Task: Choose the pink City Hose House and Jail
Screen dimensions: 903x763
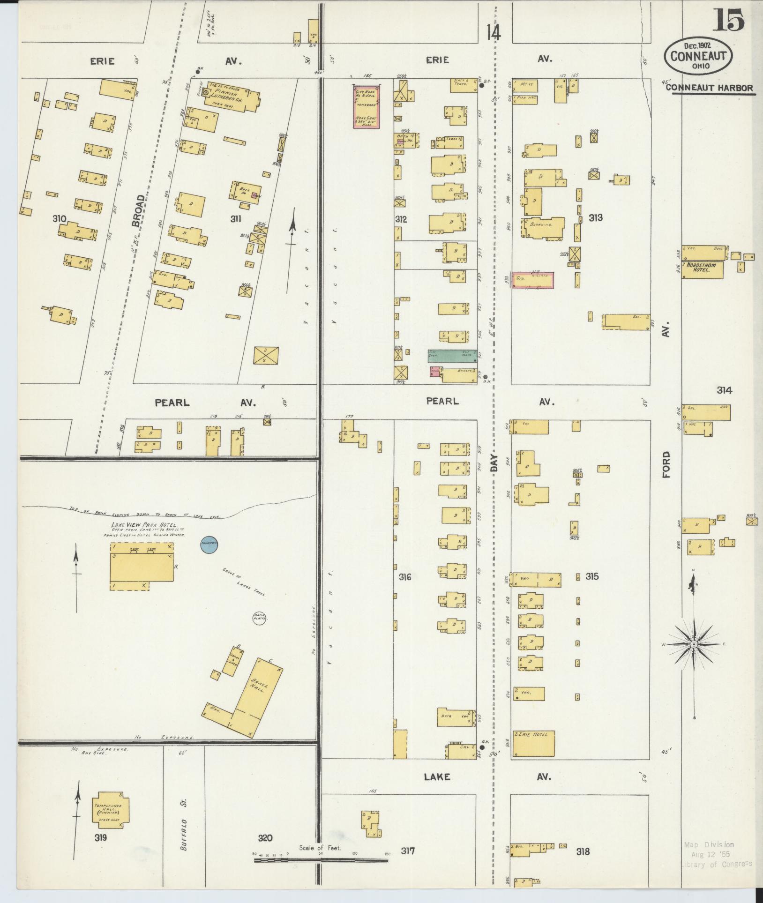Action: [x=367, y=106]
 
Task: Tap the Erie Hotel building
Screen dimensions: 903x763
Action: [x=534, y=757]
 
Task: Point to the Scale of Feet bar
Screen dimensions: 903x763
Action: [x=321, y=860]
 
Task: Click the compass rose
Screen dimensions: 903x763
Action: [x=694, y=645]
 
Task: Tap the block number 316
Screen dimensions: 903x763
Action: [x=405, y=577]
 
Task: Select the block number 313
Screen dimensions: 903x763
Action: [x=596, y=217]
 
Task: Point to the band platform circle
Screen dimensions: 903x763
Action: [x=260, y=617]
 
